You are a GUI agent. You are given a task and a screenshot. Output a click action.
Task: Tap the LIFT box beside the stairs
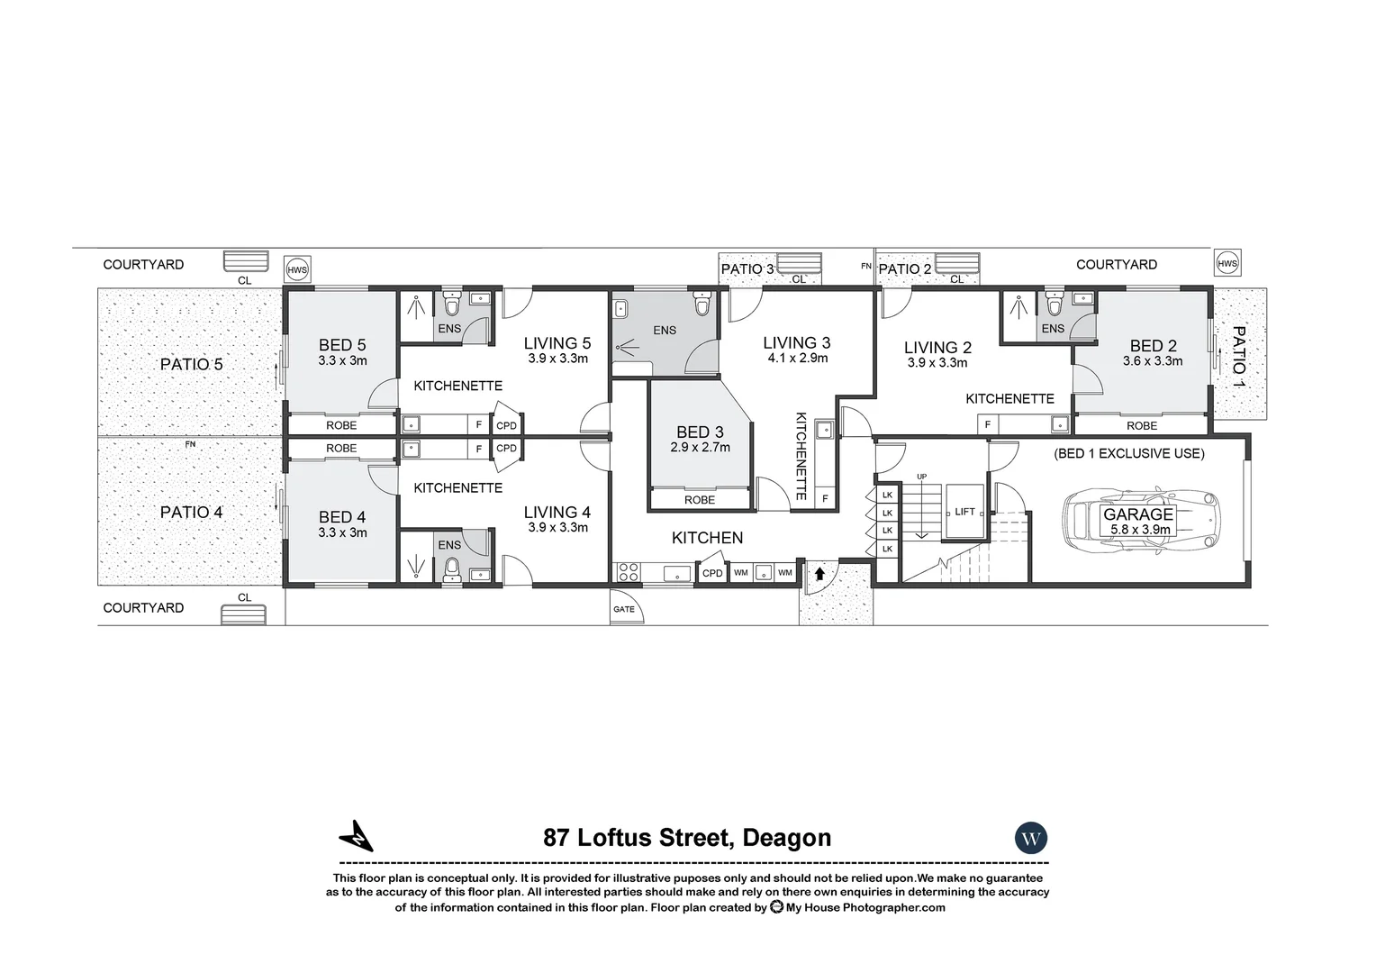pyautogui.click(x=964, y=512)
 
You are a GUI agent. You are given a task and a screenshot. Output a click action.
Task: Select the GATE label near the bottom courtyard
pyautogui.click(x=624, y=609)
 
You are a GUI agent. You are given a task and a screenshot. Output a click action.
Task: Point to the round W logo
pyautogui.click(x=1031, y=839)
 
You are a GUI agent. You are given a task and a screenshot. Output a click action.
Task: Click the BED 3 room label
pyautogui.click(x=700, y=432)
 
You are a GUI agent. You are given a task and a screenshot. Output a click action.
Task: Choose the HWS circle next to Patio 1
pyautogui.click(x=1227, y=263)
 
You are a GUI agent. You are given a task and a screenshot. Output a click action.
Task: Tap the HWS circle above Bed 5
pyautogui.click(x=296, y=269)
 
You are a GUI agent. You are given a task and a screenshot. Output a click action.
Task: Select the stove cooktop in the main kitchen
pyautogui.click(x=628, y=572)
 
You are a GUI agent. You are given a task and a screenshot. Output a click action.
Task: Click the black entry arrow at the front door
pyautogui.click(x=819, y=573)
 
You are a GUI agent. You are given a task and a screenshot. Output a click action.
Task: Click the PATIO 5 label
pyautogui.click(x=191, y=365)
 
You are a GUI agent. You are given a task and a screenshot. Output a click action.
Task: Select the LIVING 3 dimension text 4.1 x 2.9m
pyautogui.click(x=797, y=359)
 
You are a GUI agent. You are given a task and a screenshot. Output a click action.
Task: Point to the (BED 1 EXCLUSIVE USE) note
pyautogui.click(x=1128, y=453)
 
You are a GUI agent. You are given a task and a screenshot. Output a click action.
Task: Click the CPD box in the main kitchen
pyautogui.click(x=712, y=573)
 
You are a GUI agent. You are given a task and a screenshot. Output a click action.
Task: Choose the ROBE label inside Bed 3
pyautogui.click(x=700, y=500)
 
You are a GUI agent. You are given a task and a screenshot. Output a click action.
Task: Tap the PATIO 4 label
pyautogui.click(x=191, y=513)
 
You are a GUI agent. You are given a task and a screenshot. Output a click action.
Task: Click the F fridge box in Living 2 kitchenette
pyautogui.click(x=988, y=424)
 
